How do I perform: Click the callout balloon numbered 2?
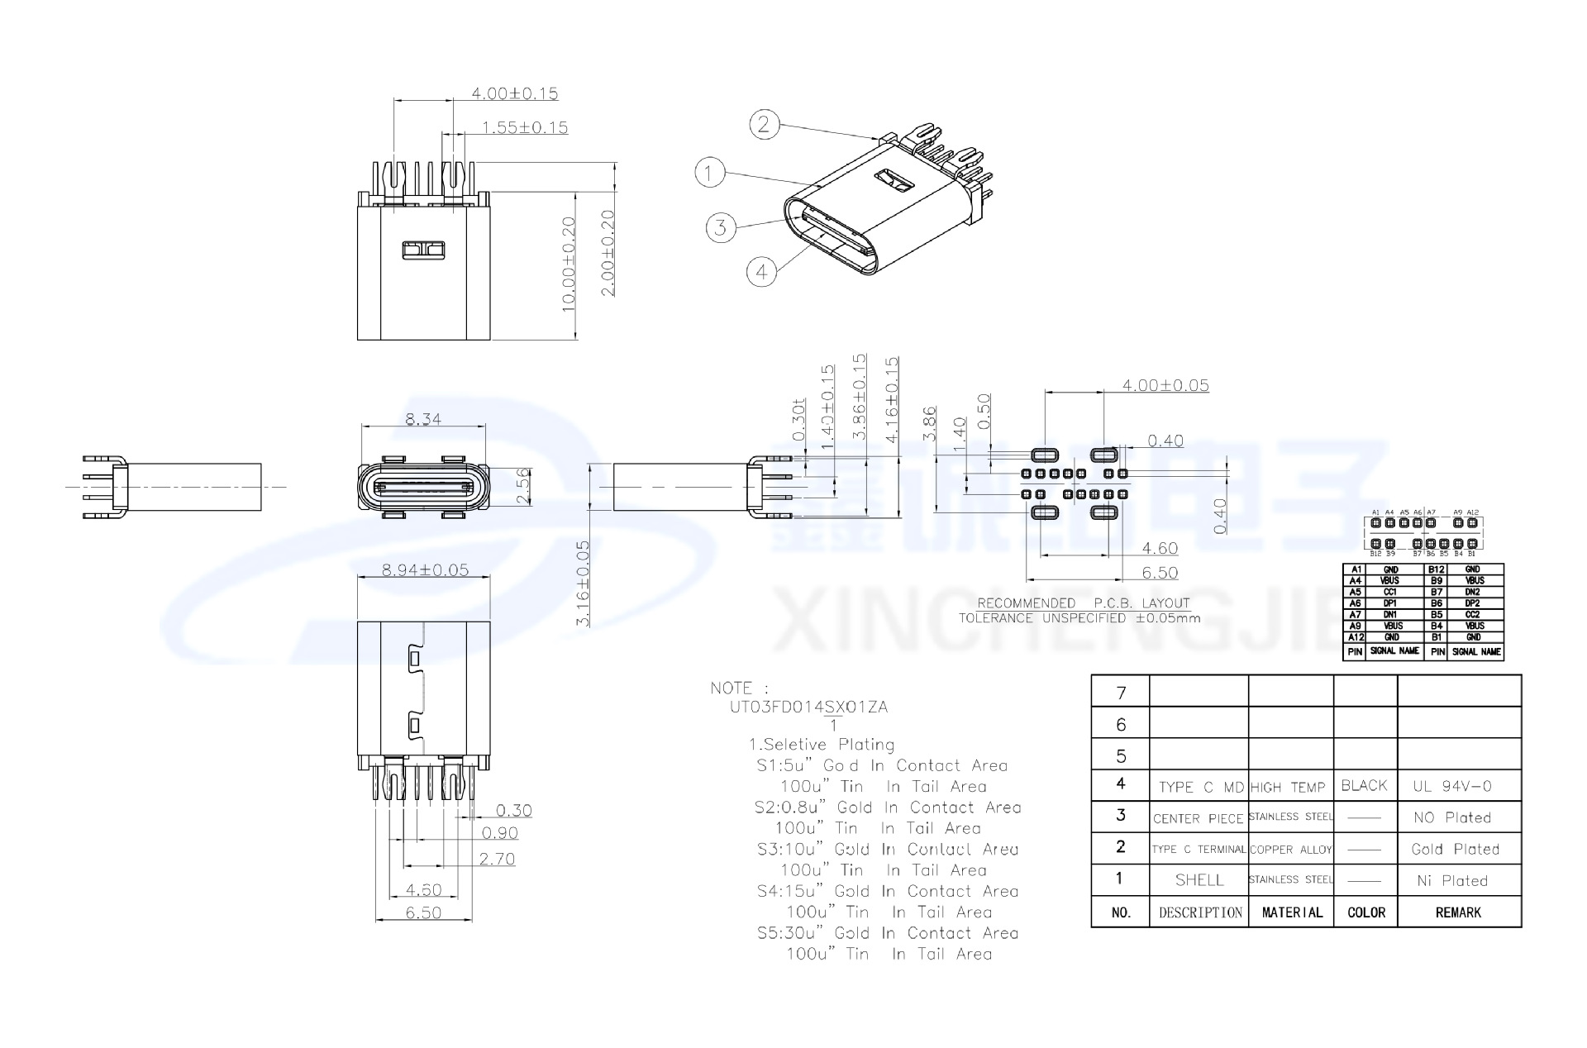pos(764,125)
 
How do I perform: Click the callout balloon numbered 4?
pos(761,271)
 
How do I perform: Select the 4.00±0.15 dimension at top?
pos(514,93)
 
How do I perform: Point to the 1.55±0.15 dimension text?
pos(525,127)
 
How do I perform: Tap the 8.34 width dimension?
pos(422,419)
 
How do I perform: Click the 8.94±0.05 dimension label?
pos(425,569)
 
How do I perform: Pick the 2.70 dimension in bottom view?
pos(497,859)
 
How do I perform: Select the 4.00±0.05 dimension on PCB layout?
pos(1165,385)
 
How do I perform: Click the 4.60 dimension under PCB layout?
pos(1159,548)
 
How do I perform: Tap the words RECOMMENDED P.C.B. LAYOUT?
pos(1083,603)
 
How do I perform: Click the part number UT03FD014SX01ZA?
pos(808,707)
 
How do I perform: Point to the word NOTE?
pos(732,688)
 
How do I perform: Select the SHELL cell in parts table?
pos(1199,880)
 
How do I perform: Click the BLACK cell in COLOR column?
pos(1365,785)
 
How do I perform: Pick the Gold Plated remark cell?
pos(1455,849)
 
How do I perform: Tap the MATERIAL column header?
pos(1291,912)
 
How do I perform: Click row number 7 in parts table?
pos(1121,693)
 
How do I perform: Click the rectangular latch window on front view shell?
pos(423,250)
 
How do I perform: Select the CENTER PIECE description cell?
pos(1198,818)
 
